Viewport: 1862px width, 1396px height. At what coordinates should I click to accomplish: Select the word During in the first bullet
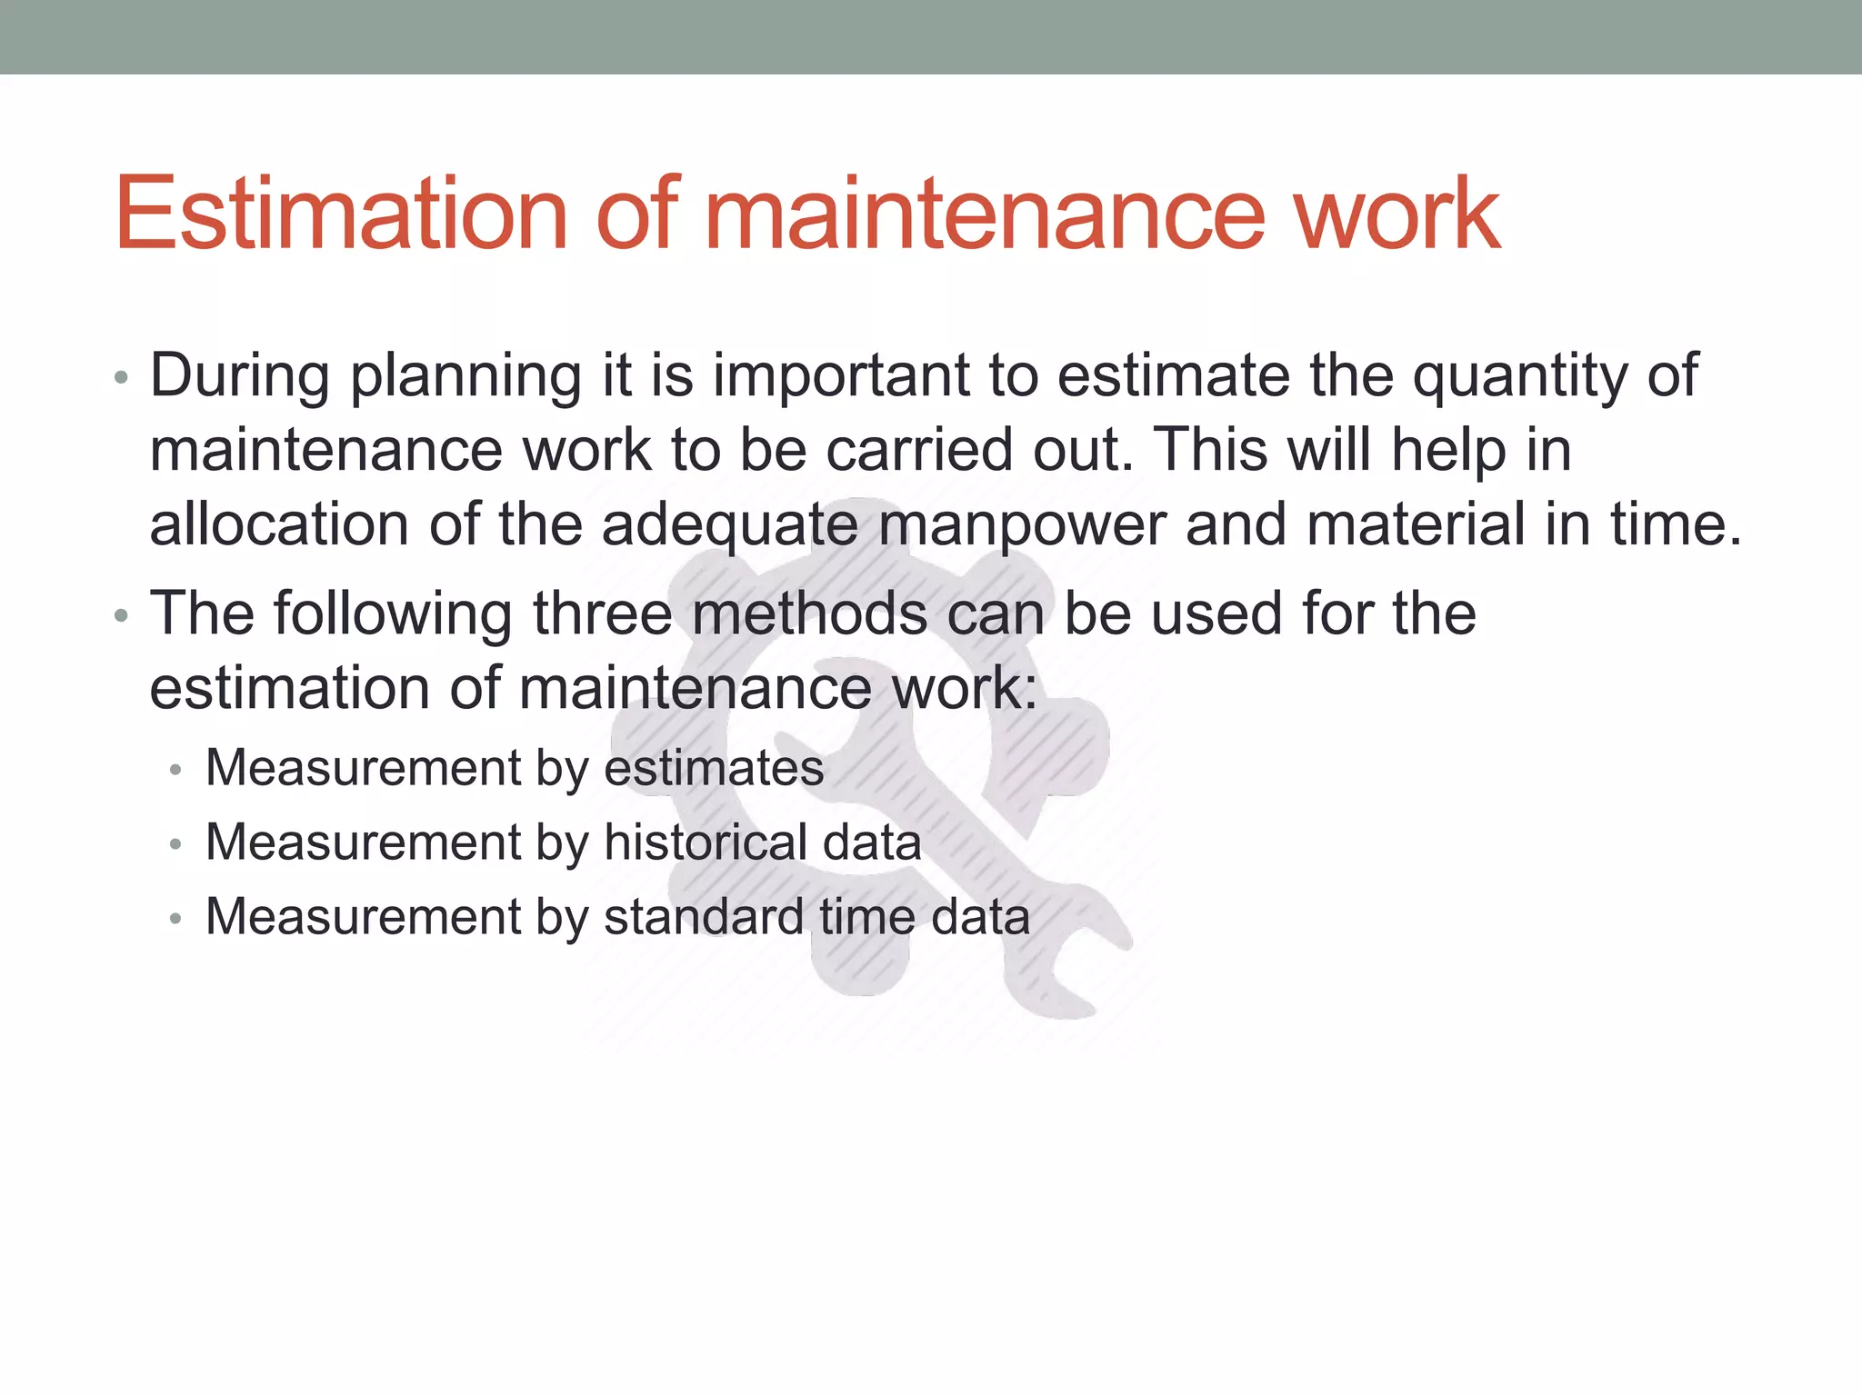click(239, 375)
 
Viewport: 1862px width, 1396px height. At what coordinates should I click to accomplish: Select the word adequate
click(730, 527)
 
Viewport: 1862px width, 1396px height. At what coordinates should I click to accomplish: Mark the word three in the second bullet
click(603, 613)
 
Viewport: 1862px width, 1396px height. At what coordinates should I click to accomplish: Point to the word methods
click(810, 613)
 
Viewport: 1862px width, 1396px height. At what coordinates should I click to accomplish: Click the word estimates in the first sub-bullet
click(714, 768)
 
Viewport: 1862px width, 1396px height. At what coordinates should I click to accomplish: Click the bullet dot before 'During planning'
click(122, 378)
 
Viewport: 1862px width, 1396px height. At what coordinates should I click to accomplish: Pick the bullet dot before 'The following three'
click(122, 616)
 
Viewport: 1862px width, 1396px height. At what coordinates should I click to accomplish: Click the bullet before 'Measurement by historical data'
click(175, 845)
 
